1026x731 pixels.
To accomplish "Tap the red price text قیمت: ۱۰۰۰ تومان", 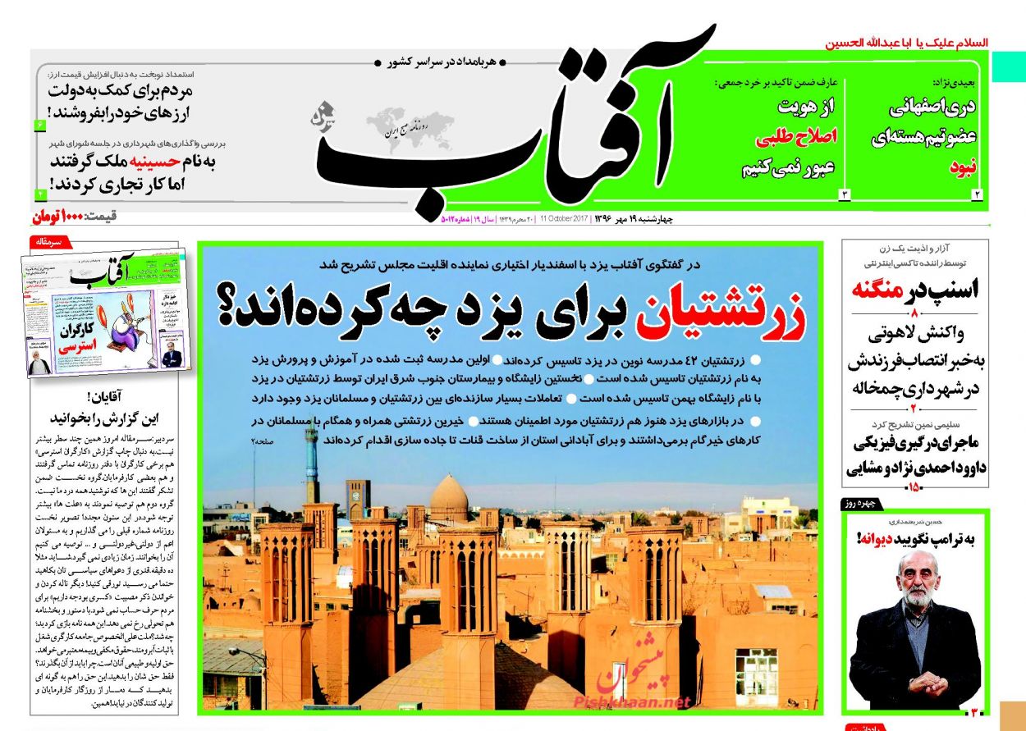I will click(x=74, y=217).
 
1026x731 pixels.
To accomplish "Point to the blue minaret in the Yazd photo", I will click(x=311, y=464).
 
